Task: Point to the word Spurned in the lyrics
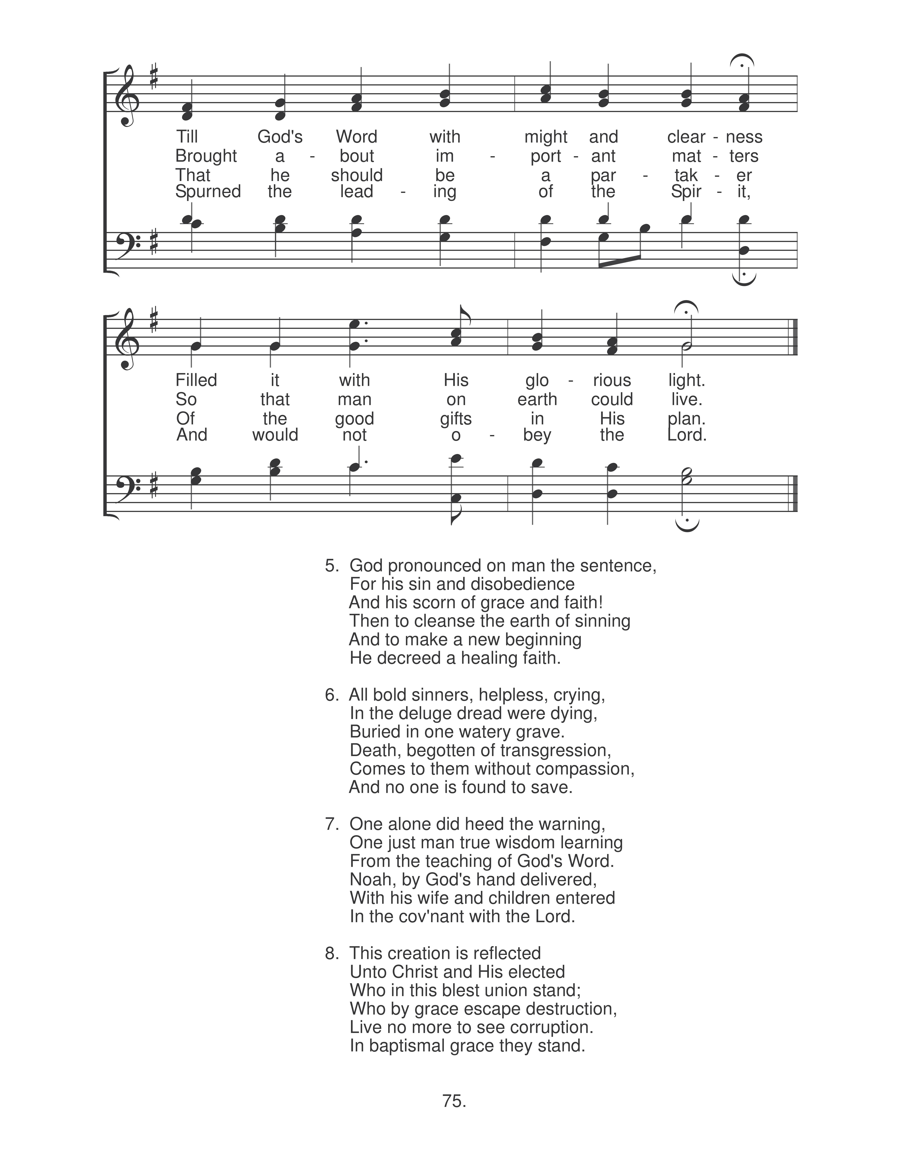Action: pos(208,192)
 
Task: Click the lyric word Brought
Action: pos(206,156)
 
